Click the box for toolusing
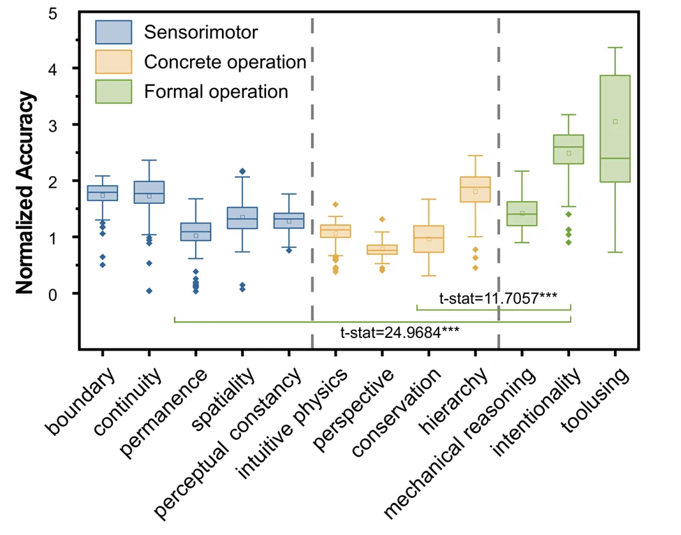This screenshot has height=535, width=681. pos(615,129)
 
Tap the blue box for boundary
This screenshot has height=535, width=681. pos(103,193)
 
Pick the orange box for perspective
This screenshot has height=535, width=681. pos(382,249)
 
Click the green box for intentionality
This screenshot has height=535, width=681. pos(568,149)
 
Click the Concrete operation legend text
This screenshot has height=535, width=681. pos(225,62)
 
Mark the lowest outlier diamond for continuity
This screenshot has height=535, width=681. pos(149,291)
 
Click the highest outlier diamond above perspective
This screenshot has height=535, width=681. pos(382,219)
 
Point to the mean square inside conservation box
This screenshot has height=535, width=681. pos(429,240)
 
